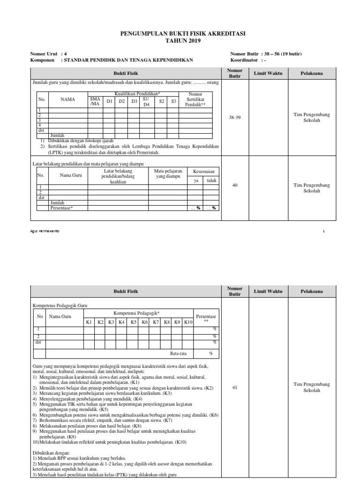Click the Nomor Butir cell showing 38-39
click(234, 118)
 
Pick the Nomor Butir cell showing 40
click(235, 185)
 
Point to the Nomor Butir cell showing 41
click(235, 388)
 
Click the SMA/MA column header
click(95, 101)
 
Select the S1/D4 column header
click(146, 101)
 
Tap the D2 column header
click(122, 101)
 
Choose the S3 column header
click(173, 101)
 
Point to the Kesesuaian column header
click(203, 172)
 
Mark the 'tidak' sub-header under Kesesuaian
click(212, 180)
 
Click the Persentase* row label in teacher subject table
click(61, 208)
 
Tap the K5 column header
click(134, 322)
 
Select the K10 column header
click(188, 322)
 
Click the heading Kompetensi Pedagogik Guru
click(60, 306)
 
